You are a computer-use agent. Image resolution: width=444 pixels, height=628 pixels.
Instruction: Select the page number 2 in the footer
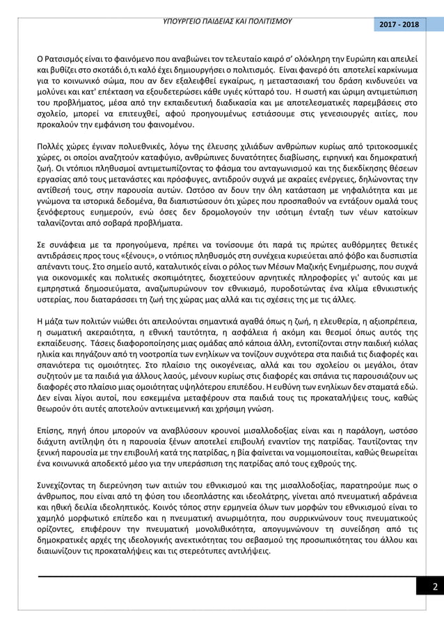(434, 586)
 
